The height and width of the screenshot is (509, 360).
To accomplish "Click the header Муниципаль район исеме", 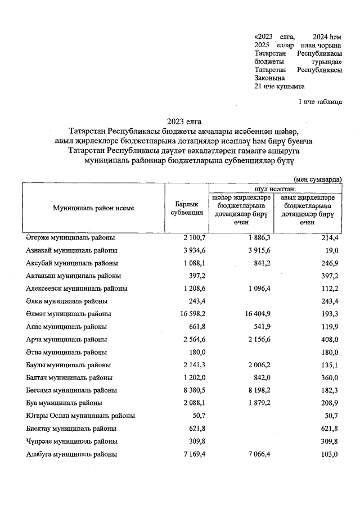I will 93,208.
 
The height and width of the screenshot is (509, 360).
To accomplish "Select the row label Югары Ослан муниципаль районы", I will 80,416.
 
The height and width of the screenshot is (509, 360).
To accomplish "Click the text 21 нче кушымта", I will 280,87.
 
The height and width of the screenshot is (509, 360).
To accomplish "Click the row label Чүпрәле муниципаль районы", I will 71,442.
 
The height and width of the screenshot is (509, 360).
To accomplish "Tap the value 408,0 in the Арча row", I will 327,340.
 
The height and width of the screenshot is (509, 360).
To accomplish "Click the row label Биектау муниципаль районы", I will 71,429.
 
